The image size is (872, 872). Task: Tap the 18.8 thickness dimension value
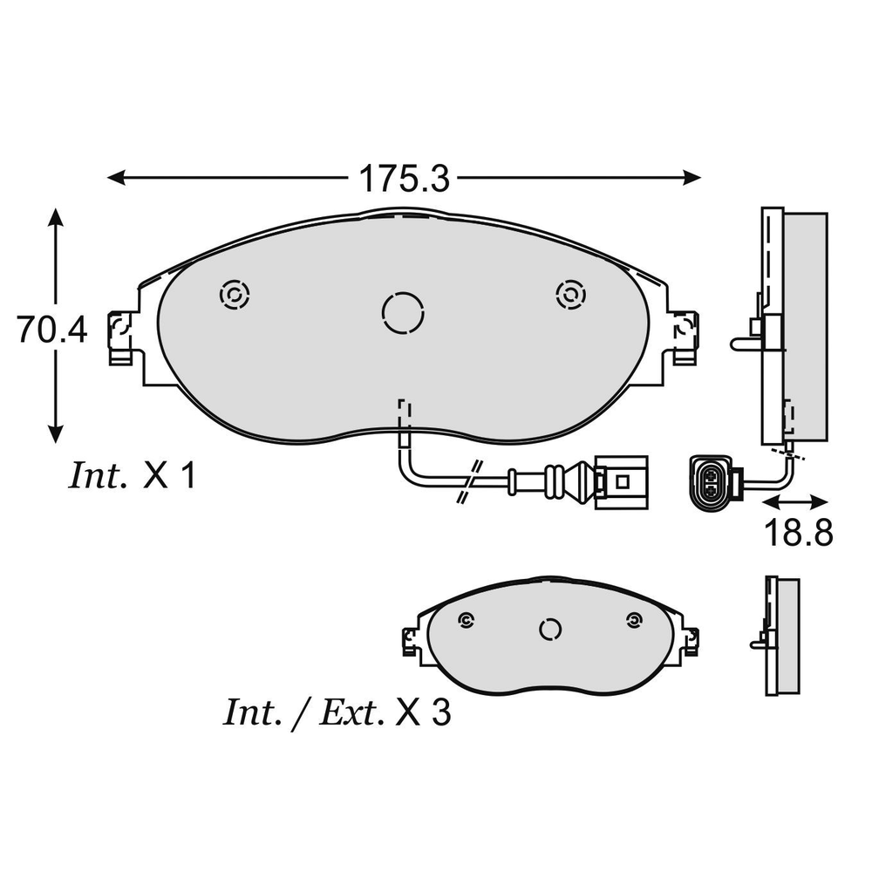(x=795, y=531)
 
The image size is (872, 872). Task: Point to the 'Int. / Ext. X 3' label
(x=337, y=713)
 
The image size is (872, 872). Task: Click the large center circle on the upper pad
(x=404, y=311)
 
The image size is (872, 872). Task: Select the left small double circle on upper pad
(x=234, y=296)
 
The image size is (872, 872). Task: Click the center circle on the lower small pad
(x=549, y=630)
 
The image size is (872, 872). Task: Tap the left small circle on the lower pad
(x=465, y=620)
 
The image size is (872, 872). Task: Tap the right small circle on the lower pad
(x=633, y=620)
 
